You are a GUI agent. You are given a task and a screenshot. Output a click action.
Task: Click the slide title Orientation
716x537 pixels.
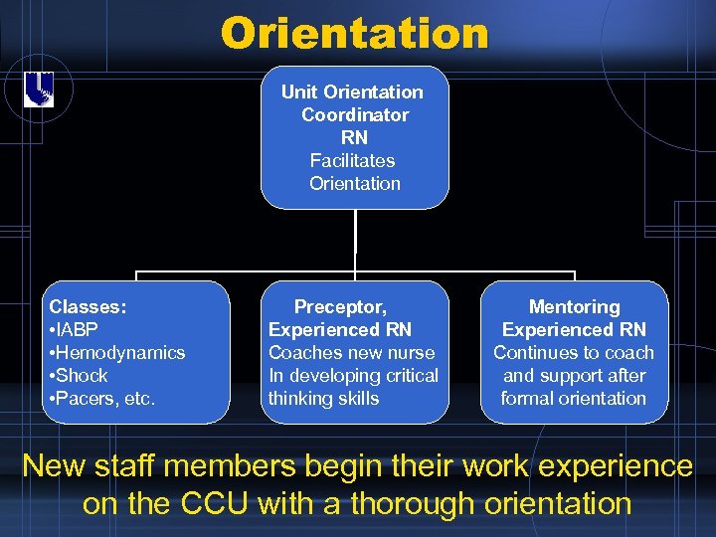(355, 33)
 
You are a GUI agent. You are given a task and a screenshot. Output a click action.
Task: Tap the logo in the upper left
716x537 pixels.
(38, 90)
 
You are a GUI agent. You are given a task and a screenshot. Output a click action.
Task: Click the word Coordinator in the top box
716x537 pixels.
(355, 114)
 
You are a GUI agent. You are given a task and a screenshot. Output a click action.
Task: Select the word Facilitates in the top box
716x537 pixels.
(352, 160)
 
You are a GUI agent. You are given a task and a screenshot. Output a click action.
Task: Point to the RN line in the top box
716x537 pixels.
(354, 137)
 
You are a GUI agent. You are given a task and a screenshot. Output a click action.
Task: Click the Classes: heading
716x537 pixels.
(88, 307)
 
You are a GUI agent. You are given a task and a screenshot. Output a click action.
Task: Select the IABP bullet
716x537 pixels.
(76, 330)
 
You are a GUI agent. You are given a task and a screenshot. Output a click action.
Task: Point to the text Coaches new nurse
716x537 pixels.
(351, 353)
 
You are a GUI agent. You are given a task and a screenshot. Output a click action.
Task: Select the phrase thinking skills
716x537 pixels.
(323, 399)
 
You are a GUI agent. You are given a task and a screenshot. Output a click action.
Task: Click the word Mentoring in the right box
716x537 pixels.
(574, 307)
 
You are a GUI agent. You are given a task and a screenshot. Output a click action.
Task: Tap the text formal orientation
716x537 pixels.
(574, 399)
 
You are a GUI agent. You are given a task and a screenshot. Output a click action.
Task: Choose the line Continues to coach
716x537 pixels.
(574, 353)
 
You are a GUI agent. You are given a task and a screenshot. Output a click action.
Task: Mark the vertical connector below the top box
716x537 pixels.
(355, 239)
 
